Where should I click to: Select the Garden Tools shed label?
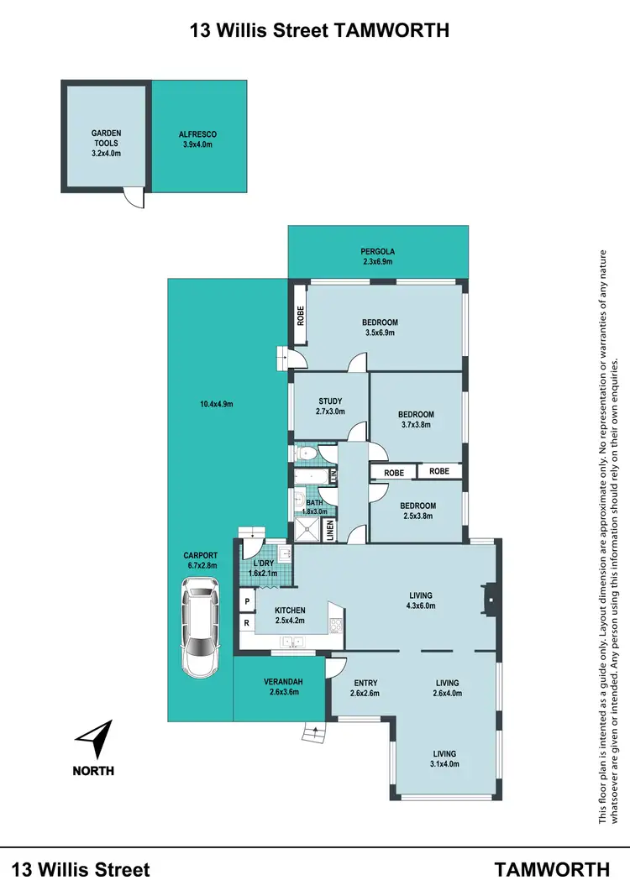[x=107, y=143]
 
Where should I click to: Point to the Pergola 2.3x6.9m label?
[x=377, y=256]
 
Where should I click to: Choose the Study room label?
[x=329, y=406]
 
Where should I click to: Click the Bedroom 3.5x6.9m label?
[x=380, y=328]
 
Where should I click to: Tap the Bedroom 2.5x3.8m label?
[x=416, y=511]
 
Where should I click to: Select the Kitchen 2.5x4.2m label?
[x=290, y=616]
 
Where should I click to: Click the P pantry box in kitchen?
[x=248, y=601]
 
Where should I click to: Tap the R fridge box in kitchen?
[x=248, y=622]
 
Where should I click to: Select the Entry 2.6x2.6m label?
[x=365, y=688]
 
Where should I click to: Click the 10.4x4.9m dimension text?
[x=216, y=404]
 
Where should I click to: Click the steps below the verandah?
[x=313, y=733]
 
